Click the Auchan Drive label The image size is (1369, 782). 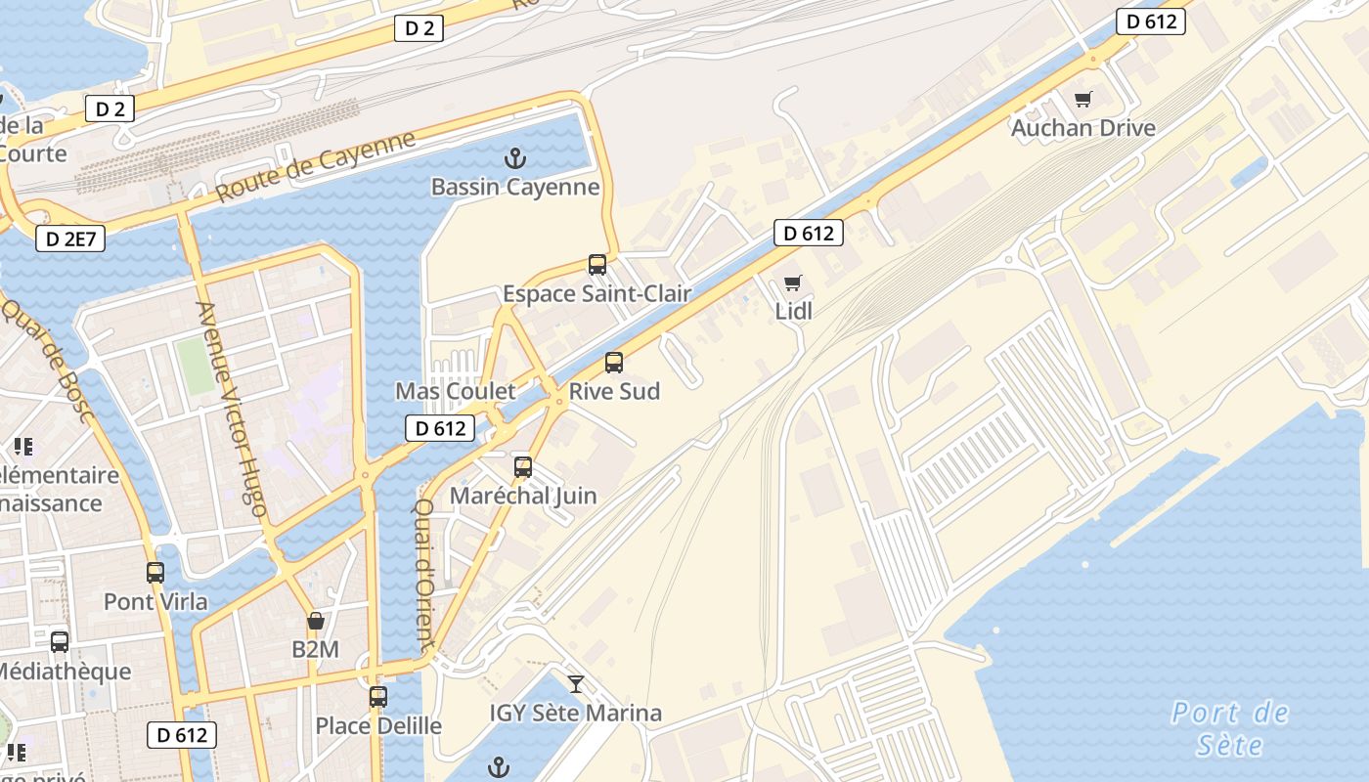click(x=1082, y=128)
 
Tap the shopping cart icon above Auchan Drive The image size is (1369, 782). click(x=1082, y=99)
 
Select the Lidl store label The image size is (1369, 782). click(x=793, y=312)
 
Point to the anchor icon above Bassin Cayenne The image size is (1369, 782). click(x=514, y=158)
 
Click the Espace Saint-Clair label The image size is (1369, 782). click(x=596, y=293)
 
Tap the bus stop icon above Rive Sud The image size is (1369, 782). click(x=614, y=363)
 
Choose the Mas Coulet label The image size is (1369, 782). click(x=455, y=391)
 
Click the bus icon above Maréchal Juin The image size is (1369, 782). click(x=523, y=467)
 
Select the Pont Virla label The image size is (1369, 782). click(x=155, y=601)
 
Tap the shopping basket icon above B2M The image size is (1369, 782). click(x=316, y=621)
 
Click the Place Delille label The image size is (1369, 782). click(x=377, y=726)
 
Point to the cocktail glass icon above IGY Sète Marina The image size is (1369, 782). click(x=576, y=684)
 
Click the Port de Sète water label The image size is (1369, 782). click(x=1230, y=728)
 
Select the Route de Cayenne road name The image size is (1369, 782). click(x=315, y=166)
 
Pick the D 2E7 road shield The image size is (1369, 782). click(x=70, y=239)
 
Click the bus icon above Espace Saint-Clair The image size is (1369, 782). click(x=596, y=264)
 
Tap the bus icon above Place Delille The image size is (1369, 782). click(x=378, y=697)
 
